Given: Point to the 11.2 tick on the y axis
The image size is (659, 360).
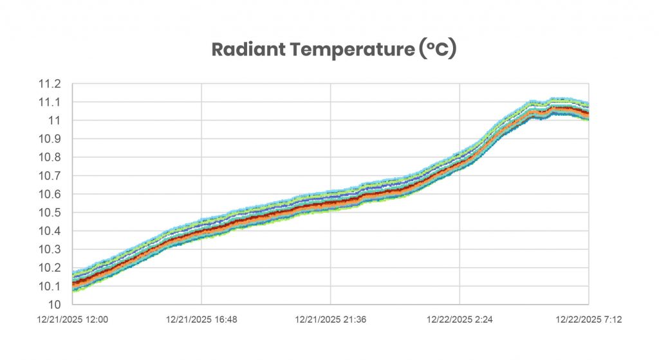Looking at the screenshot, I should [50, 84].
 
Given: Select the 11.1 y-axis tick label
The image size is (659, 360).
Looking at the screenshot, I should [50, 102].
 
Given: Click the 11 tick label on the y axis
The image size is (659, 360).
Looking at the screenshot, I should [55, 120].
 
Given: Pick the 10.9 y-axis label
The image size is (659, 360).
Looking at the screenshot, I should [50, 139].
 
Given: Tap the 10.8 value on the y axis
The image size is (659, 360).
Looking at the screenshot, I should [50, 157].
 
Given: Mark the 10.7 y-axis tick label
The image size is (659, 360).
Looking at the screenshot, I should [50, 176].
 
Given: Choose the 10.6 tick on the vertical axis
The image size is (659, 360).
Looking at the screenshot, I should [50, 194].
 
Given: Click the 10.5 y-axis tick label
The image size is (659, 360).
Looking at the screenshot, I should [50, 213].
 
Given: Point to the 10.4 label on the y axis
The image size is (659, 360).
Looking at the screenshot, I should [50, 231].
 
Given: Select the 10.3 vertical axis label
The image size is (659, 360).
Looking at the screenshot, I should [50, 249].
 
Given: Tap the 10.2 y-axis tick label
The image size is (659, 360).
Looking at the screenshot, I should [50, 267].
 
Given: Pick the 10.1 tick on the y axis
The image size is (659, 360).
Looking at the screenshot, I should [50, 286].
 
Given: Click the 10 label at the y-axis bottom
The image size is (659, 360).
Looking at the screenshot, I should [55, 304].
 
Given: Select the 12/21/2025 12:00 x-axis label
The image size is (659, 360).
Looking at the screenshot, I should [72, 318].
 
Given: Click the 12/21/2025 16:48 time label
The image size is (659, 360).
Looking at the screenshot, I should [201, 318].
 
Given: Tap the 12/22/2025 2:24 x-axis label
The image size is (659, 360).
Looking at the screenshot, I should [459, 318].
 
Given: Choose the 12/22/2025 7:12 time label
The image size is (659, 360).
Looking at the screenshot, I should [588, 318].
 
